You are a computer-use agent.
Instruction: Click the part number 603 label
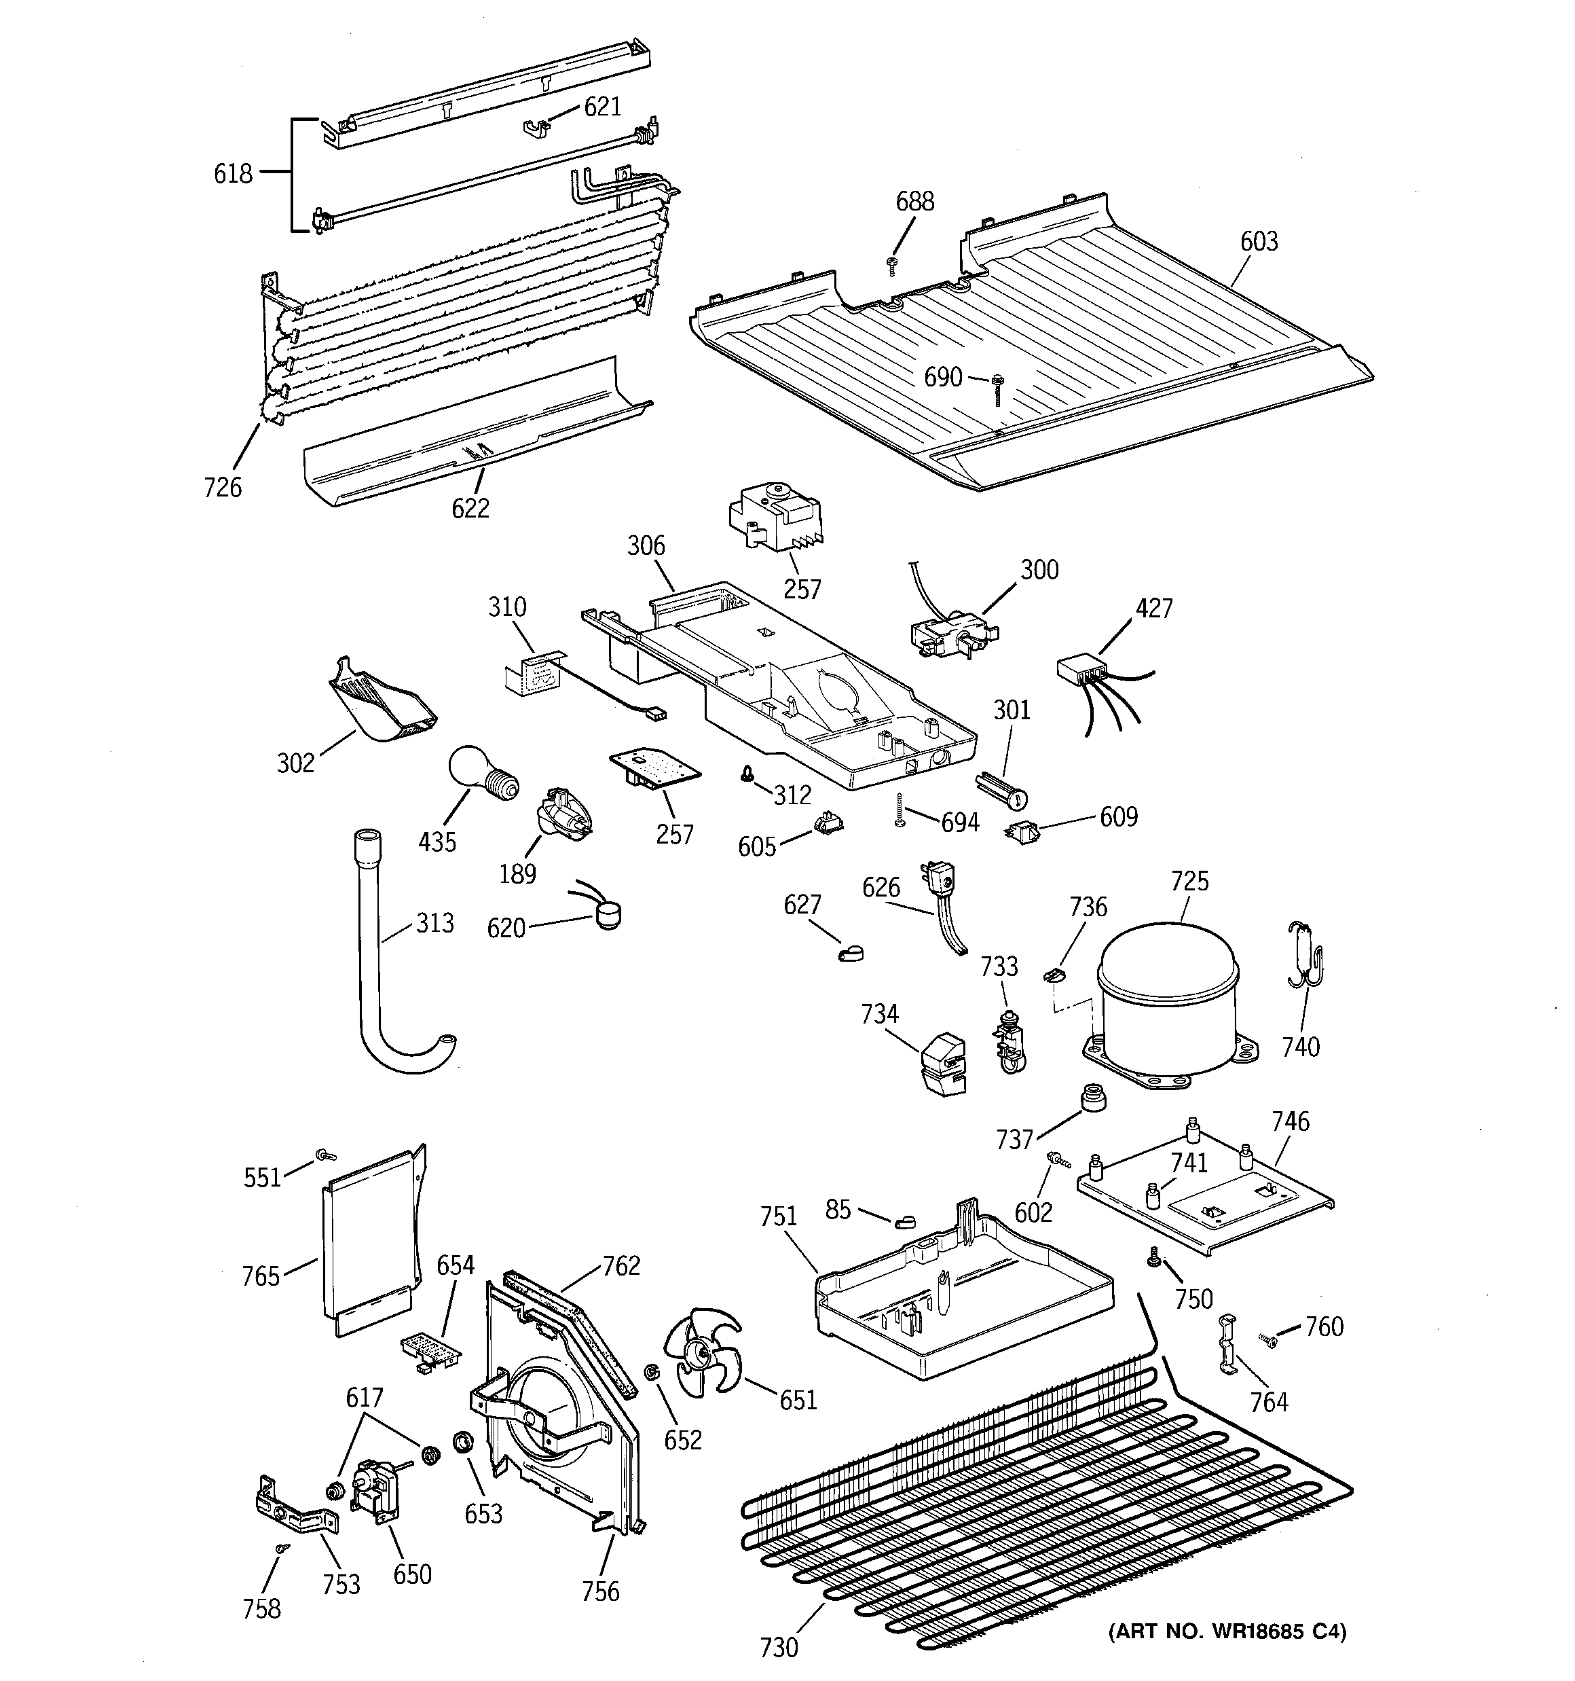point(1259,242)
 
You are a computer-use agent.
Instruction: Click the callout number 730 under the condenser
point(778,1646)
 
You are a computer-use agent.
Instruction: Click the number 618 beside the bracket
point(232,173)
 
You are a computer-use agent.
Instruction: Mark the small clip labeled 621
point(534,128)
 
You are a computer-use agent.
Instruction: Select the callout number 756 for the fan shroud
point(600,1591)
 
